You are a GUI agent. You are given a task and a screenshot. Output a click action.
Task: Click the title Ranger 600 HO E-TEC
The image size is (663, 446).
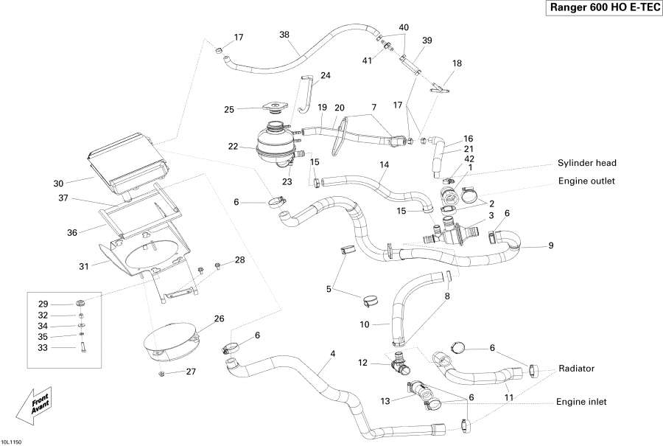point(603,7)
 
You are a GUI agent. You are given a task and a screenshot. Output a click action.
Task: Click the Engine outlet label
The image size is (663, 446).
point(587,180)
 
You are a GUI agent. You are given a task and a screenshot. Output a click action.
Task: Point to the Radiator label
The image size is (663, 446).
point(576,367)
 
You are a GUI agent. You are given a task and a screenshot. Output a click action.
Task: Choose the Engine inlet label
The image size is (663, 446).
point(582,402)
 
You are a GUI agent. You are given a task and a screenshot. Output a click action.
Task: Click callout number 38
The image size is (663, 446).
point(284,35)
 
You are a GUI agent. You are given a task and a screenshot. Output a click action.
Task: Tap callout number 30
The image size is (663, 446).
point(58,183)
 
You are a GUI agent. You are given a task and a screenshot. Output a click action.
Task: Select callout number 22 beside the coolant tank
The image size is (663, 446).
point(233,147)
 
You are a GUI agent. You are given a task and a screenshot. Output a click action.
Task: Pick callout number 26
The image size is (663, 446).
point(219,319)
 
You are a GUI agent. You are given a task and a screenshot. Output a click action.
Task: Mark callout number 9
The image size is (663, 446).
point(550,245)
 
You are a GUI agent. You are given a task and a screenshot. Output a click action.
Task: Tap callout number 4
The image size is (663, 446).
point(332,354)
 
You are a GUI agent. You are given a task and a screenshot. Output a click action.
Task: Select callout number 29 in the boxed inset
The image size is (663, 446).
point(43,304)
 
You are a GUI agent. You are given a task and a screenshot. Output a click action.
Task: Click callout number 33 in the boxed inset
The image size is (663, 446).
point(43,348)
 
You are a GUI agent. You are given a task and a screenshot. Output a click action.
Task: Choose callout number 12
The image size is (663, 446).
point(362,362)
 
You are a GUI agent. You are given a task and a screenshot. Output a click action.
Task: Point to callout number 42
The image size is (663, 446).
point(469,158)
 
